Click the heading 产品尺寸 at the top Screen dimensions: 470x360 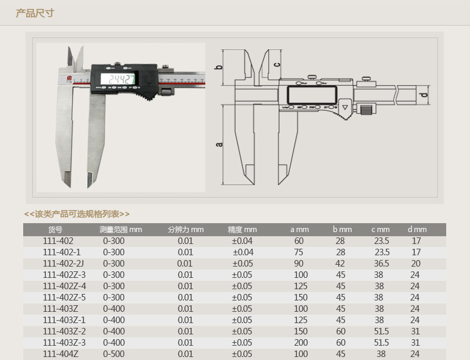[35, 13]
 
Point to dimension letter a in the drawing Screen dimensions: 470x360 [219, 144]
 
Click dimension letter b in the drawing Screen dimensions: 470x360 [219, 67]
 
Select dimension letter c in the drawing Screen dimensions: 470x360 [277, 64]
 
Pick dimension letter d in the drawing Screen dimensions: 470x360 [424, 95]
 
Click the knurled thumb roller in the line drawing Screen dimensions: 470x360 [366, 109]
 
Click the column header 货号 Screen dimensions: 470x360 [55, 230]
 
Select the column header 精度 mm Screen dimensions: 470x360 [242, 230]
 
